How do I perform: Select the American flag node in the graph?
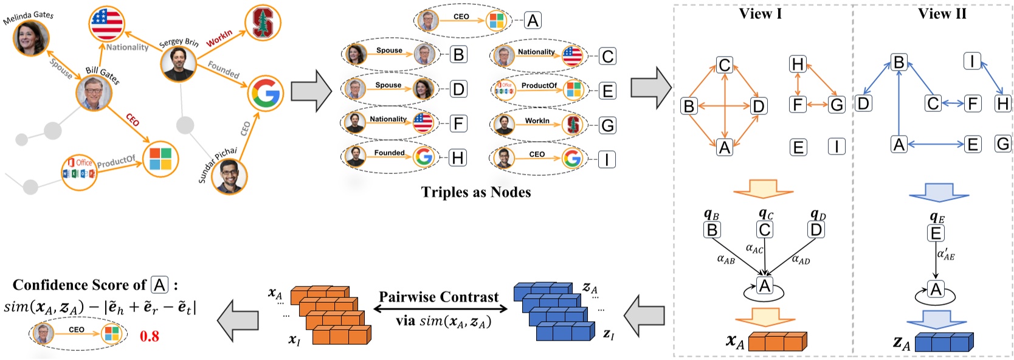point(107,24)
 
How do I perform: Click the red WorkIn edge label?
point(219,38)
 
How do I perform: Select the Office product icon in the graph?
point(80,172)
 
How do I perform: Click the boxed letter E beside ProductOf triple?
point(607,91)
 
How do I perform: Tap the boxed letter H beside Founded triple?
point(457,158)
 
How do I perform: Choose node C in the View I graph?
point(724,65)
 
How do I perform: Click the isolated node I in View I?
point(836,147)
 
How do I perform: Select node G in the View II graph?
point(1002,144)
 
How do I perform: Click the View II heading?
point(942,14)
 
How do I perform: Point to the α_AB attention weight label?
point(725,260)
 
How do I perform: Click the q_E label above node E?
point(937,217)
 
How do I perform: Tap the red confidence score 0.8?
point(150,336)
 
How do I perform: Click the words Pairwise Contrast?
point(439,297)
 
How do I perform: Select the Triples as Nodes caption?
point(475,192)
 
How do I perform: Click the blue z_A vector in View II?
point(943,342)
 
